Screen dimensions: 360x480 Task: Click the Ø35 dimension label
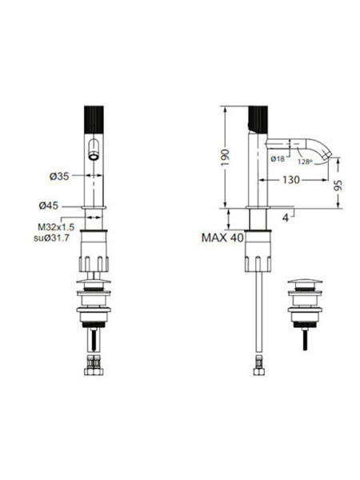[59, 176]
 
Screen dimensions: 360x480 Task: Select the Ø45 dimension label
[48, 206]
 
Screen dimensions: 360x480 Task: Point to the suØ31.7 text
[51, 238]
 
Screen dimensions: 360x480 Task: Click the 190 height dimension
[226, 158]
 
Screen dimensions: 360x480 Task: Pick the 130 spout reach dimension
[291, 180]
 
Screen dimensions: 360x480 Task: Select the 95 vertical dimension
[338, 186]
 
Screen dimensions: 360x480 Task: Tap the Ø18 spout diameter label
[278, 159]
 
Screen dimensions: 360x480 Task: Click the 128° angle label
[306, 162]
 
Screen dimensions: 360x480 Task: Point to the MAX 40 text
[222, 238]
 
